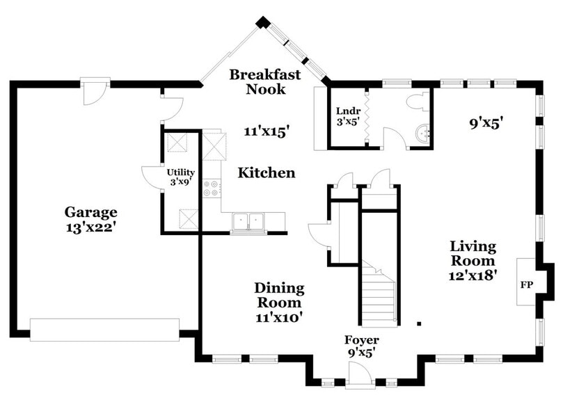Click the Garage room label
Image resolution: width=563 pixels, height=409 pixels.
(x=90, y=212)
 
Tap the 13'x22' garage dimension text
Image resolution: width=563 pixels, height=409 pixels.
(x=90, y=227)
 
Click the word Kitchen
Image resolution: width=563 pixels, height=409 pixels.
(x=267, y=173)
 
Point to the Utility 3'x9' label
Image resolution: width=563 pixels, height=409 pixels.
(x=180, y=177)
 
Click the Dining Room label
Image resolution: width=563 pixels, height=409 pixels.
(x=278, y=295)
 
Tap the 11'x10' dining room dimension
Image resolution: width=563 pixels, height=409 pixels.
(x=279, y=318)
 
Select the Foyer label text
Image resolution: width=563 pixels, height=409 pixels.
(x=362, y=340)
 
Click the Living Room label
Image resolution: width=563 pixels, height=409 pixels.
(x=473, y=253)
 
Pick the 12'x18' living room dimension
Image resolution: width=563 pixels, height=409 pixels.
(x=473, y=275)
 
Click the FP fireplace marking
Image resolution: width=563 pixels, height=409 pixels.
(x=525, y=285)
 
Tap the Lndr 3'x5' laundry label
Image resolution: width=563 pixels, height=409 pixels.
(x=347, y=116)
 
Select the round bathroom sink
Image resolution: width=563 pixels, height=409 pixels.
(x=422, y=134)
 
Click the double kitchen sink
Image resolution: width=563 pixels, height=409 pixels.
(x=248, y=221)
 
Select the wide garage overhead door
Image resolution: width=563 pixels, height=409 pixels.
(x=104, y=329)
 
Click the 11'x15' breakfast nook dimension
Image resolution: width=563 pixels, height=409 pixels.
(x=267, y=131)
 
